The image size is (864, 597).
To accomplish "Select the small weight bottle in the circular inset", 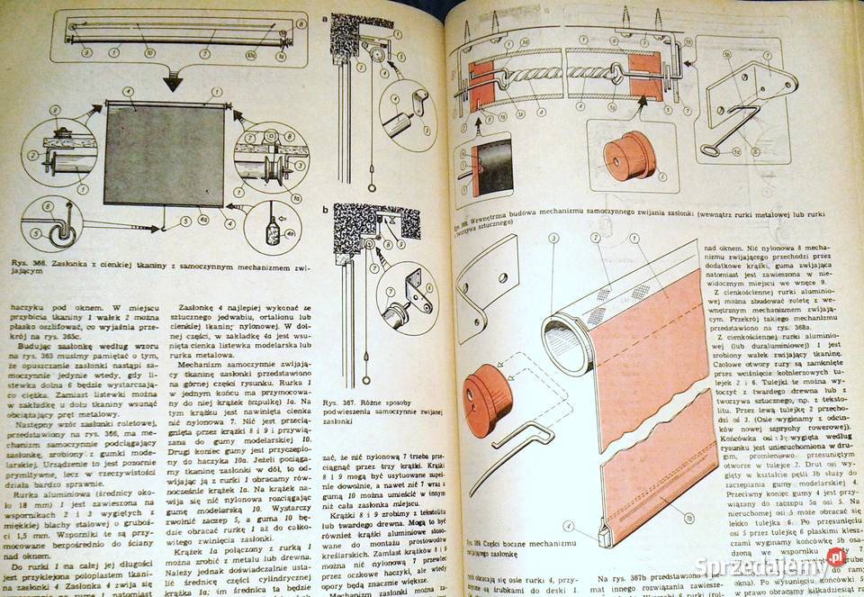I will pos(271,229).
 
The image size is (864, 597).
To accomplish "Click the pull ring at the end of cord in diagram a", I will pos(371,185).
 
